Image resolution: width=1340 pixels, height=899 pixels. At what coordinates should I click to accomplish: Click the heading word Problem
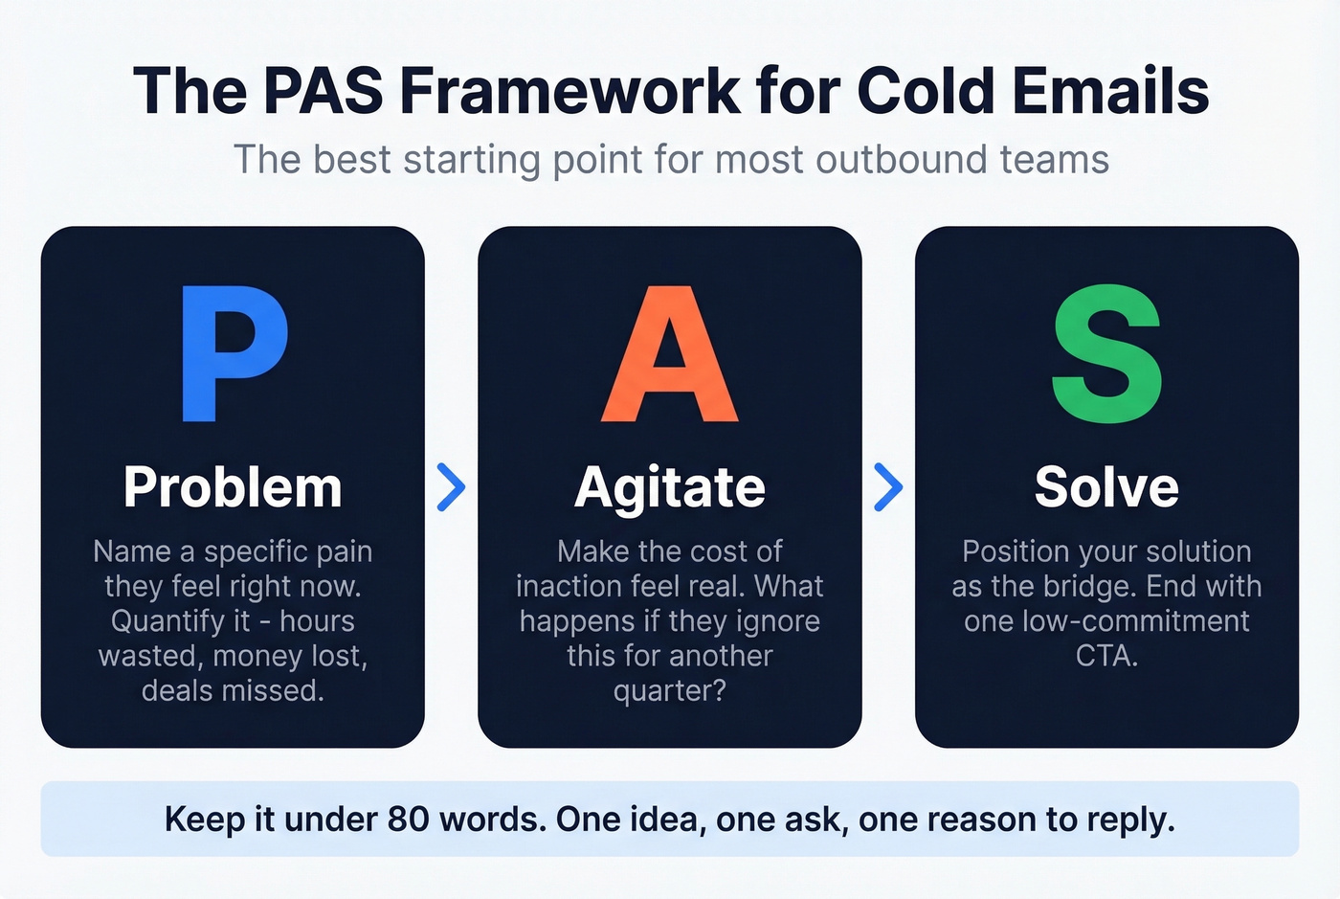(x=233, y=487)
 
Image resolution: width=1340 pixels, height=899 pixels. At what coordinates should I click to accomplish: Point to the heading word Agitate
(x=670, y=487)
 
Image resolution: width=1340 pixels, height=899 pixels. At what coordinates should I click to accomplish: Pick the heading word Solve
(x=1106, y=487)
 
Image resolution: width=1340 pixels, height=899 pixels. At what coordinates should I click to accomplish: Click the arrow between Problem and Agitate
(x=451, y=487)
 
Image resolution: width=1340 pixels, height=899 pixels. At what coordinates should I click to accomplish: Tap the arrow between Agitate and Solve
(x=888, y=487)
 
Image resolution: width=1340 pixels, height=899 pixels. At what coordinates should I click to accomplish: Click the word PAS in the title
(x=323, y=92)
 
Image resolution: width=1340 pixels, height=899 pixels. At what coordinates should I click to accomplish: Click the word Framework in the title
(x=569, y=92)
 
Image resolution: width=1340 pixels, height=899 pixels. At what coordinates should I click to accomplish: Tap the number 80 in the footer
(x=408, y=820)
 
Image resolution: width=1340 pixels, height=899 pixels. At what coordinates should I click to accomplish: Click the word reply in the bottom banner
(x=1129, y=820)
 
